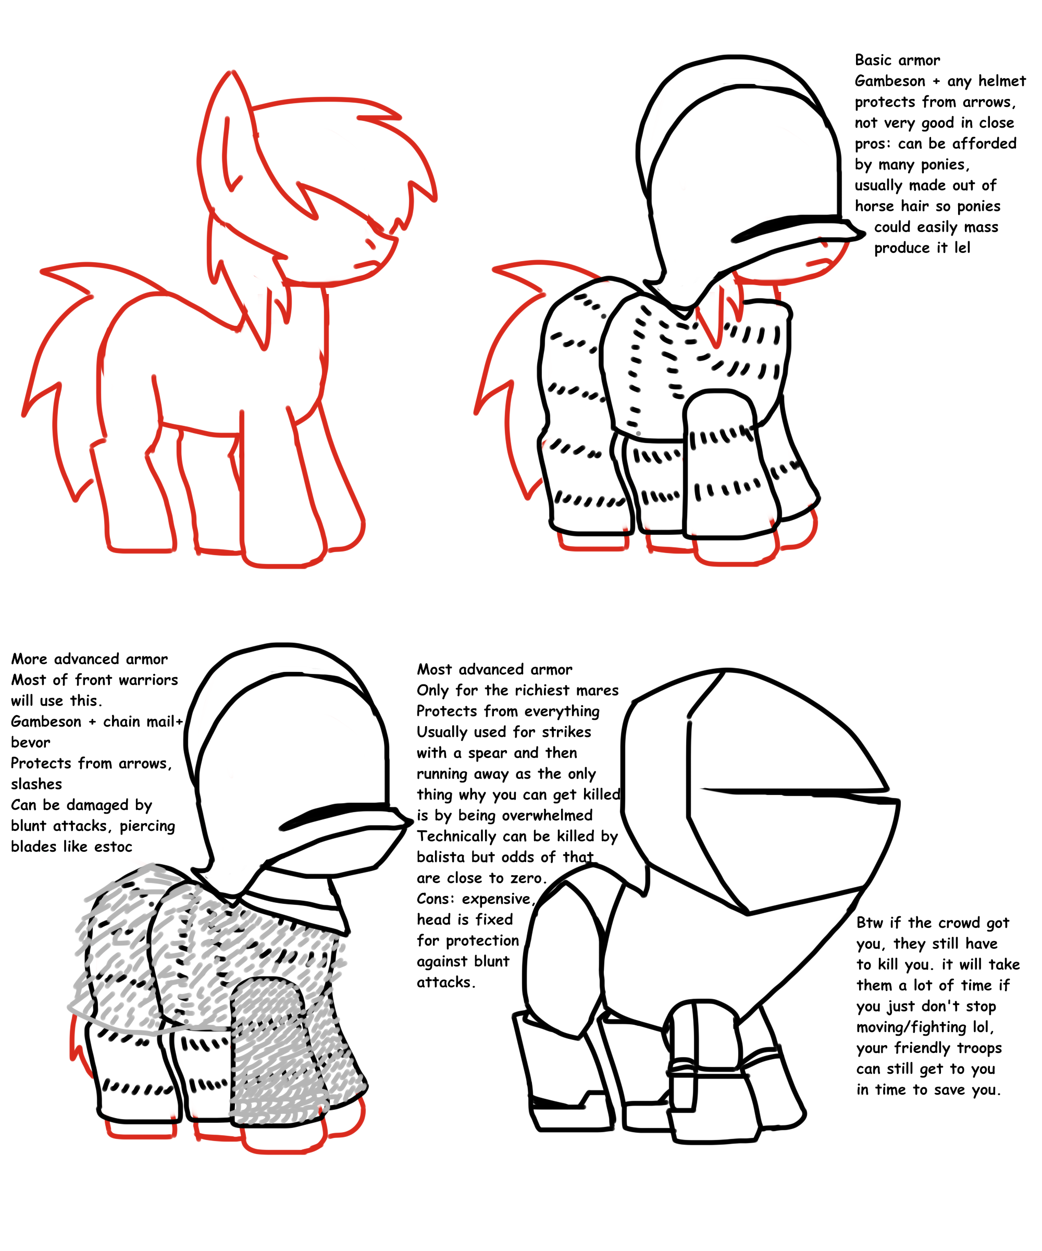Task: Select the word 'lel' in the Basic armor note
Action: click(962, 248)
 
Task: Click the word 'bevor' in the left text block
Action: click(30, 743)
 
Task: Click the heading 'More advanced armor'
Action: click(89, 659)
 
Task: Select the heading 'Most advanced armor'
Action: click(494, 670)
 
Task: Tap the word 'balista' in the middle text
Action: click(441, 857)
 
